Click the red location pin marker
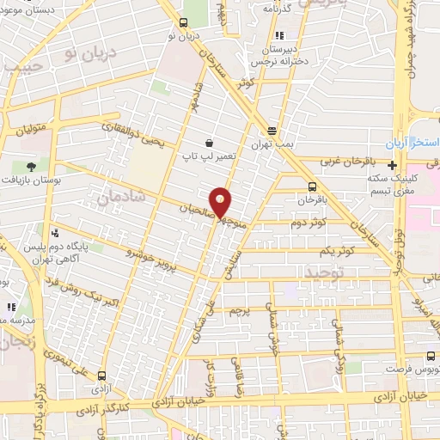click(221, 201)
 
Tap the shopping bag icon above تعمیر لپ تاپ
click(209, 144)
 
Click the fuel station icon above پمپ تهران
click(272, 131)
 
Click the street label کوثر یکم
click(336, 250)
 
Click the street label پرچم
click(241, 309)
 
